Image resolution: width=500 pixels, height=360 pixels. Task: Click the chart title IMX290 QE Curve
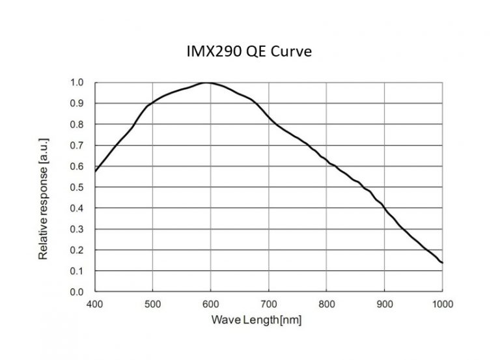[x=249, y=51]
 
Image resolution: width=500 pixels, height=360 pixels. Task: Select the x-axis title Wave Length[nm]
[x=257, y=320]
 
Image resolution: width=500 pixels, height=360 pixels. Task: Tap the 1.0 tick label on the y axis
[x=77, y=83]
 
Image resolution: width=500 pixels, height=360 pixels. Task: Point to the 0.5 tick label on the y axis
[x=77, y=187]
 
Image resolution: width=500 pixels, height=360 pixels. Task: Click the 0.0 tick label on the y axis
[x=77, y=292]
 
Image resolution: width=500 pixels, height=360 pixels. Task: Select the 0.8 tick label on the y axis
[x=77, y=124]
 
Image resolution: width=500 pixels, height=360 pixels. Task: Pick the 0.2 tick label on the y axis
[x=77, y=250]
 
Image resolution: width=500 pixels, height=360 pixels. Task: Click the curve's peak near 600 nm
[x=207, y=83]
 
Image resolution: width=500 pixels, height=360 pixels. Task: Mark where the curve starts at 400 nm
[x=96, y=171]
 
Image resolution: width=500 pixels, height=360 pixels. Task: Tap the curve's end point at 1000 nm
[x=442, y=263]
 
